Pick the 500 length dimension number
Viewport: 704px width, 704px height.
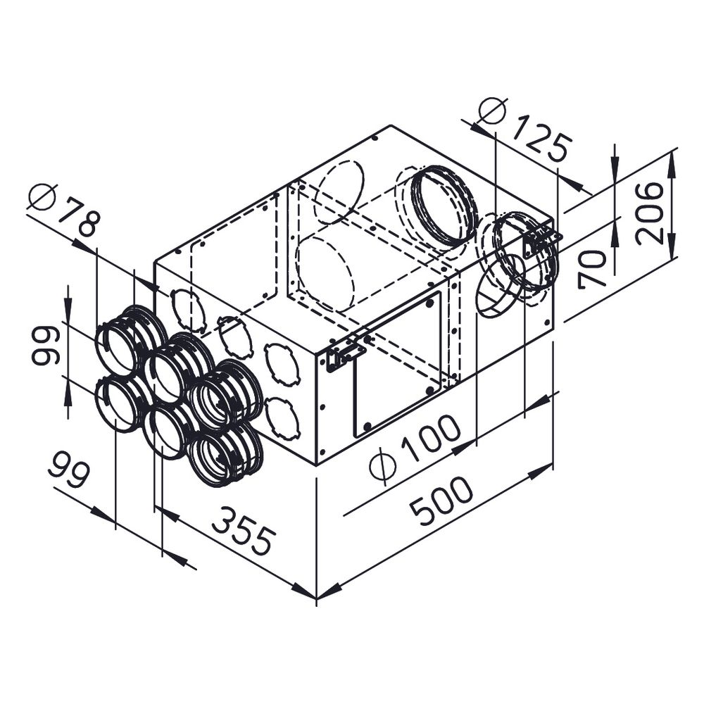442,501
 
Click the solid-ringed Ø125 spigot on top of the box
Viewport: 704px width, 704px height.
443,204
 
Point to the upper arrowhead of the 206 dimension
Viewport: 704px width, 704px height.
671,163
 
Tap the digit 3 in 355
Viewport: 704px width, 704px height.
223,520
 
